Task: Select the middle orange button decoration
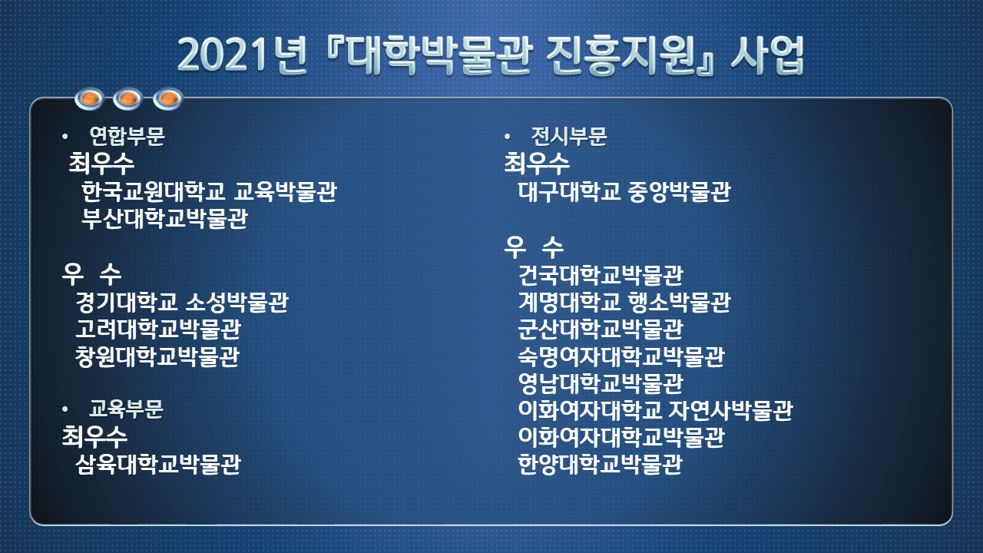point(127,99)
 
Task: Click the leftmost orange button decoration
point(90,99)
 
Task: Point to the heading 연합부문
point(127,136)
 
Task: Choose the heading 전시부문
point(569,136)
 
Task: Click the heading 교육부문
point(126,409)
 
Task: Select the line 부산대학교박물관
point(164,218)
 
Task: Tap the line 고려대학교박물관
point(158,329)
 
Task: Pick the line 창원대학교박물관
point(157,356)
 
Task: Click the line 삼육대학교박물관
point(158,464)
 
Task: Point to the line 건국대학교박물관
point(601,275)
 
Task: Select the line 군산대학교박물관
point(601,329)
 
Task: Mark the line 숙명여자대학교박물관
point(621,356)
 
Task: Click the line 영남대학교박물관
point(601,383)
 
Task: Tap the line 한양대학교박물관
point(601,464)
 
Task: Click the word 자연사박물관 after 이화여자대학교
point(731,410)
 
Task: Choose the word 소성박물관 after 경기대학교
point(237,302)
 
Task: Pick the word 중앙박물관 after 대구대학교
point(680,191)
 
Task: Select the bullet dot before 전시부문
point(508,137)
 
